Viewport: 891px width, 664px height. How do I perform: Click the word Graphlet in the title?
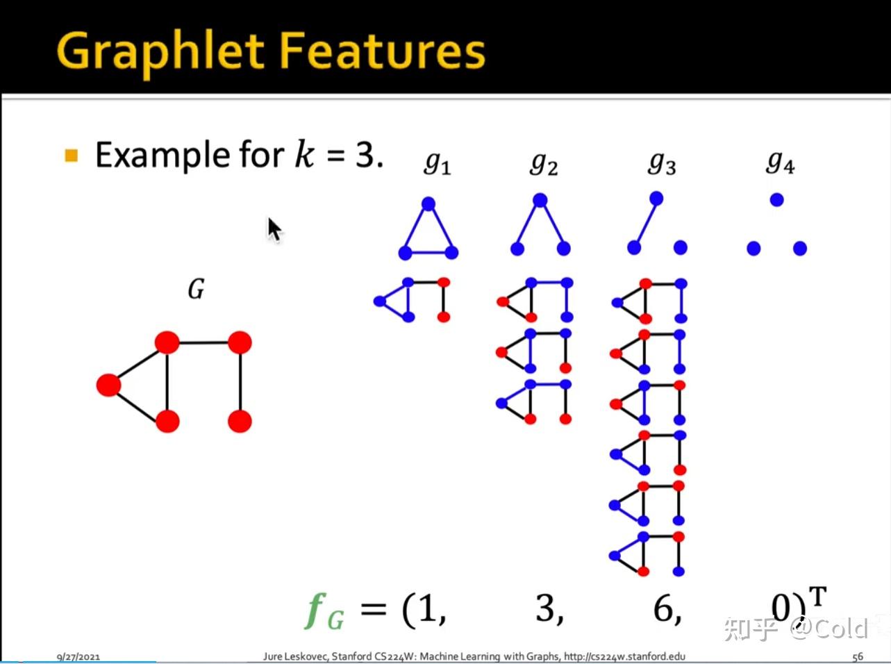point(160,53)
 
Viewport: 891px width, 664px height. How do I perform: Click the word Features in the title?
point(383,50)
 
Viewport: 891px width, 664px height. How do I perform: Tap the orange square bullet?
point(71,156)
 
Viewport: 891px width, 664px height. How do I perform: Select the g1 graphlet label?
point(438,164)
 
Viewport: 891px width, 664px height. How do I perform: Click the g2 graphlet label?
point(544,164)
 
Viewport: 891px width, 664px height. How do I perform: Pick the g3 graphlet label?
point(662,164)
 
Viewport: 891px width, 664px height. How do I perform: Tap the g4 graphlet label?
point(780,163)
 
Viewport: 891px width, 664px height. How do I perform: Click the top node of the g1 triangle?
point(428,204)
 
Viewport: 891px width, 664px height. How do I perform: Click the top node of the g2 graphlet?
point(540,200)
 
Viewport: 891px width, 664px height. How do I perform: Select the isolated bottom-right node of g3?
point(680,247)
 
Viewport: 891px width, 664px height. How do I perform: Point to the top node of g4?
point(777,200)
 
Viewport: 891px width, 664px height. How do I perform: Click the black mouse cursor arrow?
point(275,230)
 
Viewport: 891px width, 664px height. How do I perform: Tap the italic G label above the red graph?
point(196,289)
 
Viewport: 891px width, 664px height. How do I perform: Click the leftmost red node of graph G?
point(108,385)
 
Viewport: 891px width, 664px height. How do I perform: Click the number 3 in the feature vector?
point(546,608)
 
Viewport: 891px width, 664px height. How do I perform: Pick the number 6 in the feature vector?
point(663,608)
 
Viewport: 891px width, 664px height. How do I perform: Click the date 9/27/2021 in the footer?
point(78,657)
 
